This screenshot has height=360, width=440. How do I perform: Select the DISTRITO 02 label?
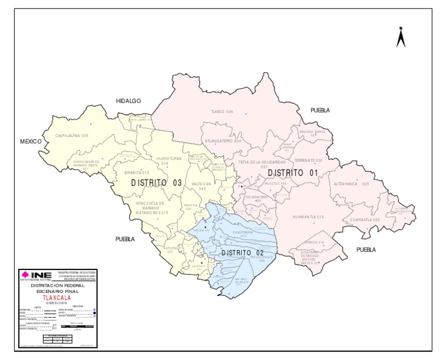(x=243, y=253)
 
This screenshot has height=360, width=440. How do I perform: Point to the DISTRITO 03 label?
(x=156, y=183)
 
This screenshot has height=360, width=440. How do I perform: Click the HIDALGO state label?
(x=128, y=101)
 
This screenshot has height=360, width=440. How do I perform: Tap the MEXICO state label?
(x=32, y=141)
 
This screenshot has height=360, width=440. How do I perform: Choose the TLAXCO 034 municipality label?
(x=222, y=111)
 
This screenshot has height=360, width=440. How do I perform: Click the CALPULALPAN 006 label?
(x=72, y=136)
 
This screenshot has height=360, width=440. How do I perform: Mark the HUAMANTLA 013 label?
(x=308, y=217)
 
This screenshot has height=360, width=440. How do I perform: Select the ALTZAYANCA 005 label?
(x=352, y=184)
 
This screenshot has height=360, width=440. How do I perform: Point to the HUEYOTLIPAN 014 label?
(x=165, y=161)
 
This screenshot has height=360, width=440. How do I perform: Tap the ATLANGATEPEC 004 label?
(x=223, y=140)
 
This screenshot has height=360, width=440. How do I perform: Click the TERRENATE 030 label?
(x=308, y=160)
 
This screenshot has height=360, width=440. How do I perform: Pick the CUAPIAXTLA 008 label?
(x=365, y=220)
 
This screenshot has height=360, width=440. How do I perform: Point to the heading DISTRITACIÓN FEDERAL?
(x=57, y=285)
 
